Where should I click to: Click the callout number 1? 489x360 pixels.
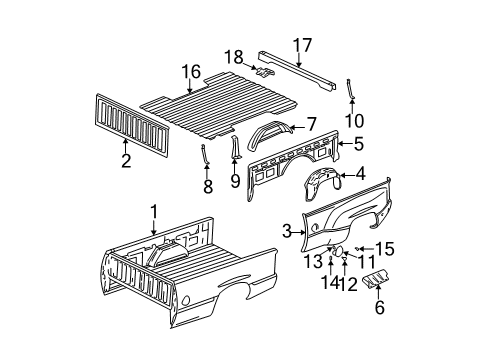pos(153,211)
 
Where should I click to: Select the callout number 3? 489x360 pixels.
pos(287,232)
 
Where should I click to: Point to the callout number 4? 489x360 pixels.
pos(359,174)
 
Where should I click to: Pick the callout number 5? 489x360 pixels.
pos(358,144)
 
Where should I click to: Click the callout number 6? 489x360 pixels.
pos(378,306)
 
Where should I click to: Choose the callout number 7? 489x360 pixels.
pos(311,124)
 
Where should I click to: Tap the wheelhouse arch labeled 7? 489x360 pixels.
pos(274,128)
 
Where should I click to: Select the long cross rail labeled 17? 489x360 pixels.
pos(300,66)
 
